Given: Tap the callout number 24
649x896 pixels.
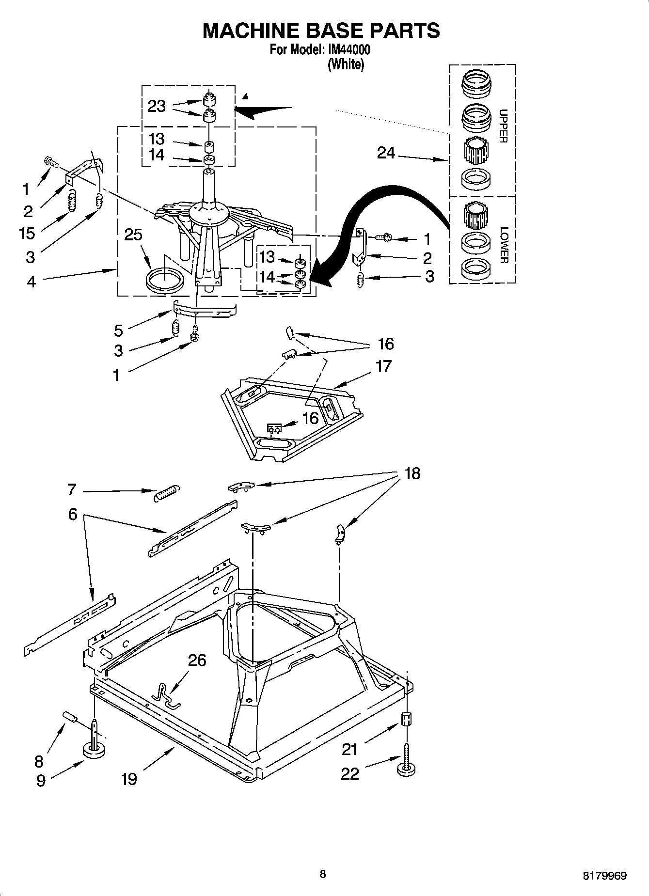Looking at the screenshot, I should pos(386,153).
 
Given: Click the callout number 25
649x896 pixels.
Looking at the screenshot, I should pos(133,235).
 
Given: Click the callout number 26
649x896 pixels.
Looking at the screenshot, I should pos(197,660).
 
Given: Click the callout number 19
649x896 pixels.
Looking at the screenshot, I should pos(129,779).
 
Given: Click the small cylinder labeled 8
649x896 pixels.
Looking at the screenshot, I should pos(70,717).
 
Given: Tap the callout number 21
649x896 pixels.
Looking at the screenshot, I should pos(349,750).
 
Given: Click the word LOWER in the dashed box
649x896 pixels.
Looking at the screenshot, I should pos(503,245).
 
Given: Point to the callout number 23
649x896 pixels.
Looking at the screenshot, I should pos(157,106).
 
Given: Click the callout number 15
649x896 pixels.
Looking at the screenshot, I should pos(27,233).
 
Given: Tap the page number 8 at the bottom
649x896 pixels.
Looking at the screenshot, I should pos(323,874).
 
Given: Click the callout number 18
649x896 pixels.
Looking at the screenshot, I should pos(412,473).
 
